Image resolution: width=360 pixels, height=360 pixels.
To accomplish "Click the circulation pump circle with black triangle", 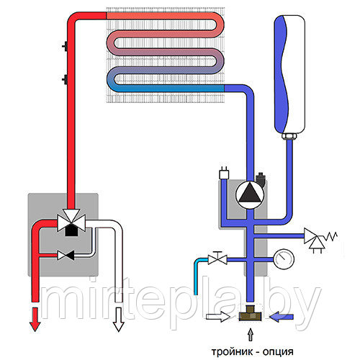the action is pyautogui.click(x=250, y=194).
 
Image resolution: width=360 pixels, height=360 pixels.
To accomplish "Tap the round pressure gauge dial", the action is pyautogui.click(x=284, y=260).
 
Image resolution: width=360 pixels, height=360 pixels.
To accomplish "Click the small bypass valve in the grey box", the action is pyautogui.click(x=66, y=255).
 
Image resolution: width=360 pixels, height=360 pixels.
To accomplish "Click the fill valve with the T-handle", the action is pyautogui.click(x=217, y=258).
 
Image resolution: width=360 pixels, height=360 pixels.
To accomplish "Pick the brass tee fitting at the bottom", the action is pyautogui.click(x=250, y=313).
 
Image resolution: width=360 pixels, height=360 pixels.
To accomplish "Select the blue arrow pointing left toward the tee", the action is pyautogui.click(x=282, y=317).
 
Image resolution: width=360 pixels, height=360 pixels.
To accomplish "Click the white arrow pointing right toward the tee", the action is pyautogui.click(x=218, y=317).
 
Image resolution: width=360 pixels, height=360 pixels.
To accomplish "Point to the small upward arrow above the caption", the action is pyautogui.click(x=251, y=335).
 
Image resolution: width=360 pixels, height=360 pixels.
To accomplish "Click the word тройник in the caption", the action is pyautogui.click(x=232, y=352).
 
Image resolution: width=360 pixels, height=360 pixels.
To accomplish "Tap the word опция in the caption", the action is pyautogui.click(x=279, y=353).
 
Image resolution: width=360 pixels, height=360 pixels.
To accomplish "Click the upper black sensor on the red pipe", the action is pyautogui.click(x=65, y=46).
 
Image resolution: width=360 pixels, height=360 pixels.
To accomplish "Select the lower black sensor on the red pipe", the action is pyautogui.click(x=65, y=80).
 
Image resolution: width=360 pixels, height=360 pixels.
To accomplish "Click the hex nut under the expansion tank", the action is pyautogui.click(x=289, y=136).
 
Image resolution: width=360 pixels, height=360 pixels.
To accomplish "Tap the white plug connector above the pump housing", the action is pyautogui.click(x=224, y=174).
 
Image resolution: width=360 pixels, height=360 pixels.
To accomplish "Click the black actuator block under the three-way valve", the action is pyautogui.click(x=71, y=231).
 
